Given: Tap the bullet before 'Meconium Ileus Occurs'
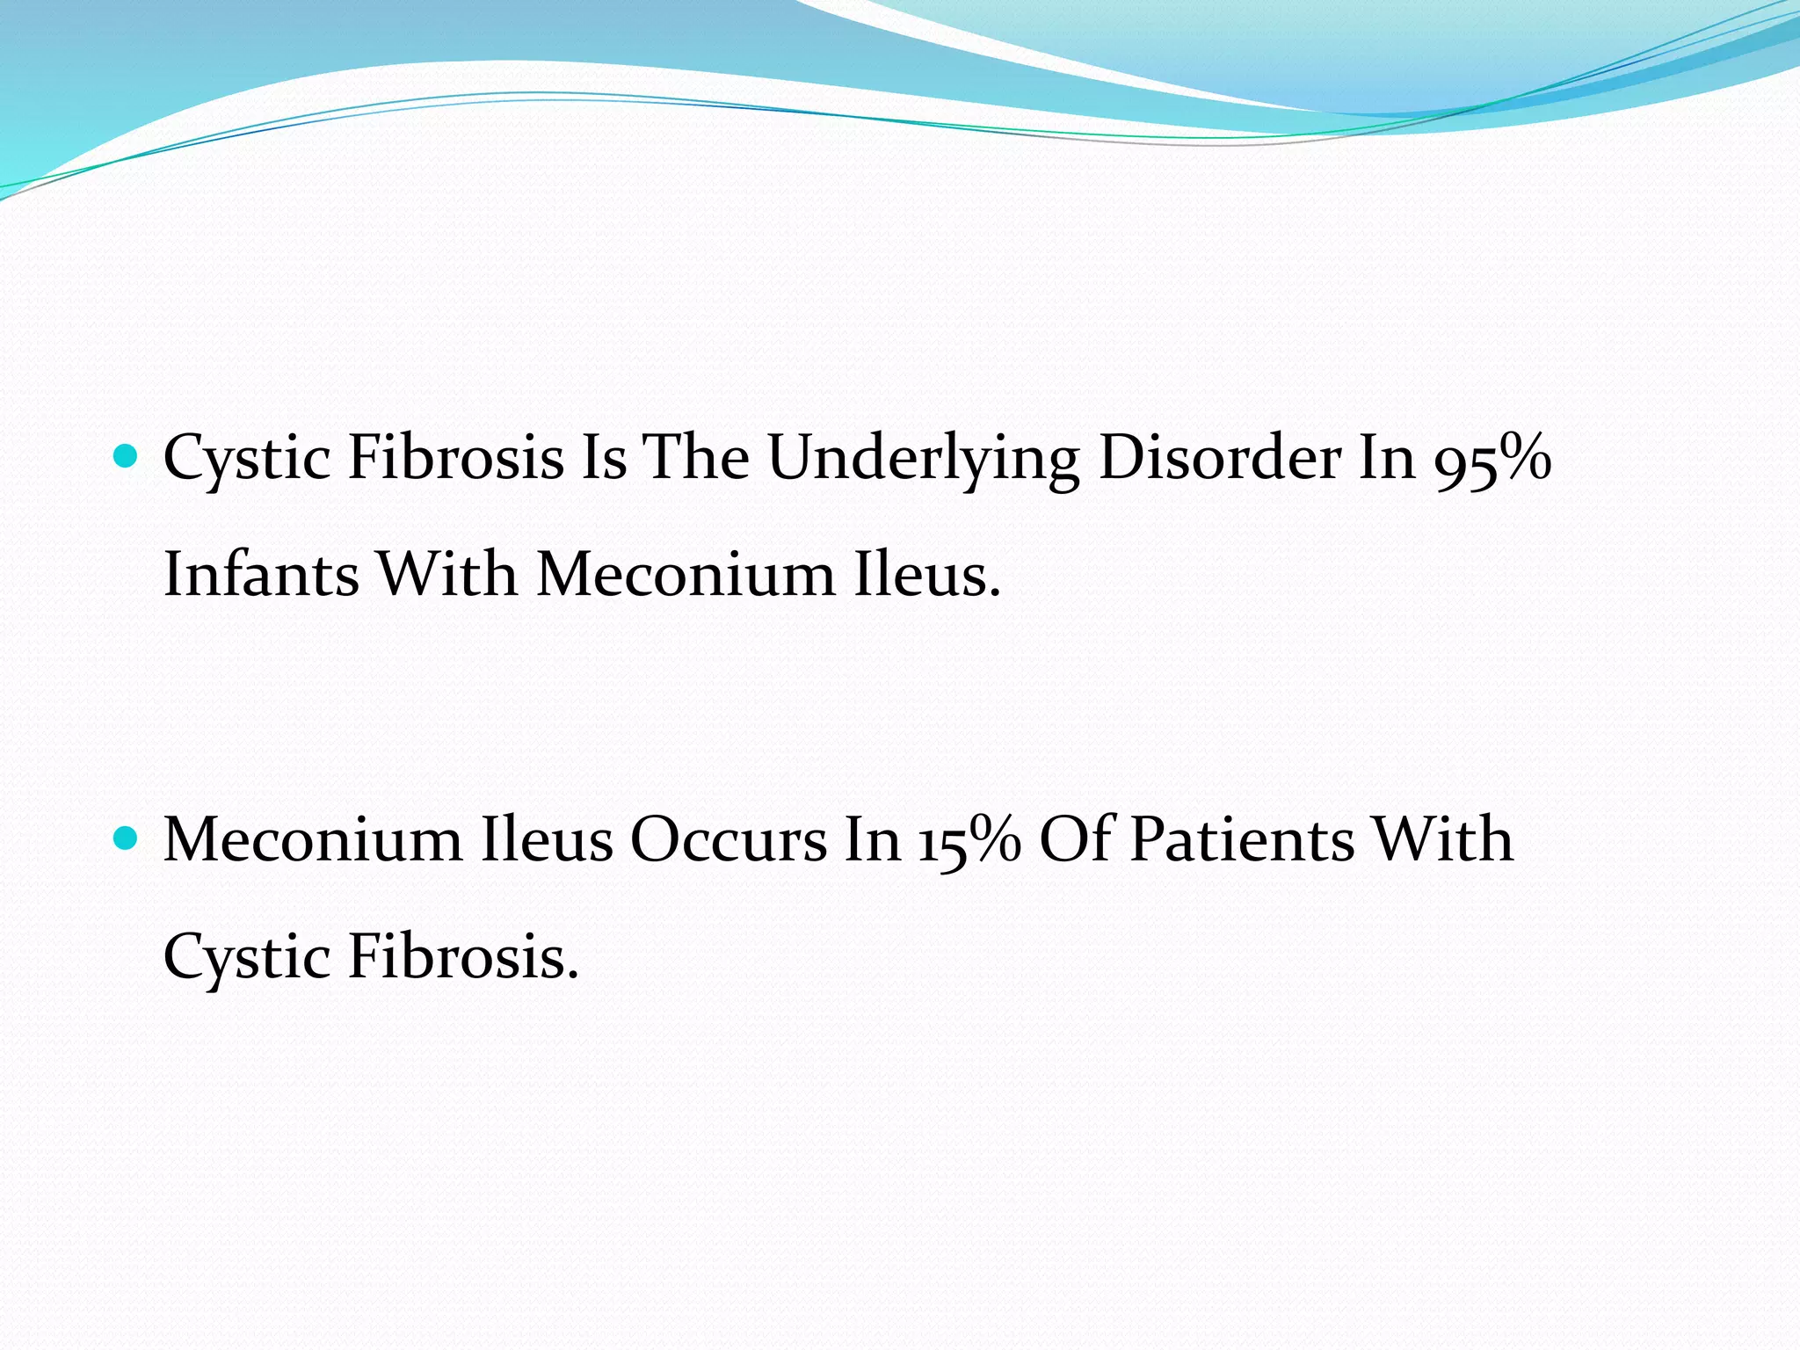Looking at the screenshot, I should coord(127,838).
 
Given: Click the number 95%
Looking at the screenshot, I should coord(1492,459).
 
